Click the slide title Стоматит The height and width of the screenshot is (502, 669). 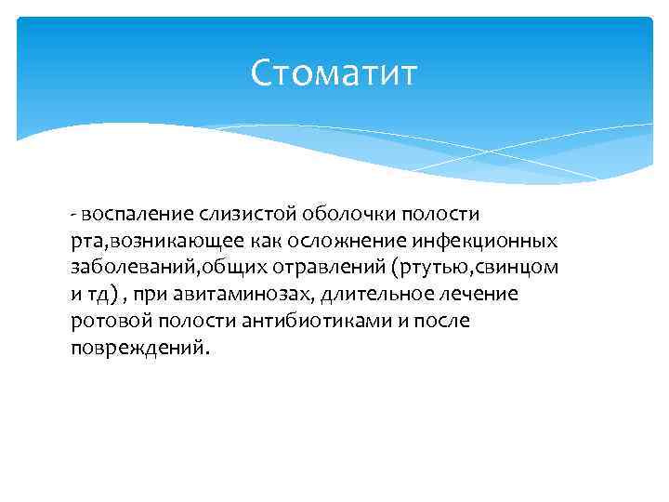click(334, 73)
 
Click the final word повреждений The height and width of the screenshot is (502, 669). click(139, 349)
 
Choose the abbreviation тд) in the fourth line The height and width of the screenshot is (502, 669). click(101, 295)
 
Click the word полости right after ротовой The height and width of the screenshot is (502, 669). click(184, 322)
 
